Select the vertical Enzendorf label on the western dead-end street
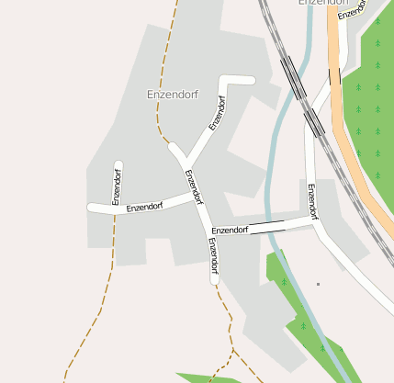(117, 186)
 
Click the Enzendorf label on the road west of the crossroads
(144, 207)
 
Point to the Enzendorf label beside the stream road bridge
(230, 230)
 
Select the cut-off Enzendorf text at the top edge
(323, 3)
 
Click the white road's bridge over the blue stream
(267, 226)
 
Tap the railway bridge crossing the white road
(314, 121)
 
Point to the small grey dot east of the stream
(318, 284)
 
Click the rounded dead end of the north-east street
(249, 80)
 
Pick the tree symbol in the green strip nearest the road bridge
(284, 281)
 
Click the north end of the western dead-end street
(118, 165)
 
